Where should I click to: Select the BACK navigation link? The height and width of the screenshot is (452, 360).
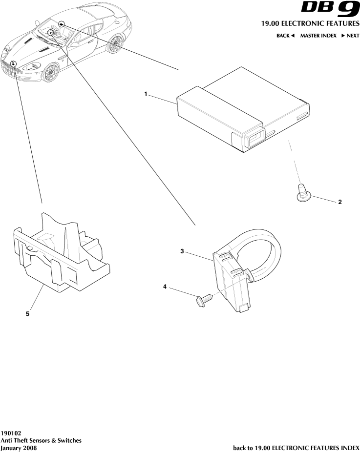(286, 36)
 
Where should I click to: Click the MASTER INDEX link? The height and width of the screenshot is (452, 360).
(318, 36)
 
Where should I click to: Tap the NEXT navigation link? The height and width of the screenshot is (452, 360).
(350, 36)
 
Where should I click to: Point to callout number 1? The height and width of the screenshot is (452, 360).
(146, 94)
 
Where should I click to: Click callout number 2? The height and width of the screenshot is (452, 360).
(339, 202)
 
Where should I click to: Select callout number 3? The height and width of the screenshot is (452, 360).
(182, 251)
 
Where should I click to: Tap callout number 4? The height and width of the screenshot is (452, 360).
(165, 288)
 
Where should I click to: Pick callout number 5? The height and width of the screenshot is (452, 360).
(27, 314)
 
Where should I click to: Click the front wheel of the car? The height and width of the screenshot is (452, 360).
(50, 73)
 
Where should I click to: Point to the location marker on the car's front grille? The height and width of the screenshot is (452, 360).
(14, 64)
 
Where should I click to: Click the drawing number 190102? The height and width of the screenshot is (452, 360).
(11, 432)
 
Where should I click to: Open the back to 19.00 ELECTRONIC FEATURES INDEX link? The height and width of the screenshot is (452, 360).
(296, 447)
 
